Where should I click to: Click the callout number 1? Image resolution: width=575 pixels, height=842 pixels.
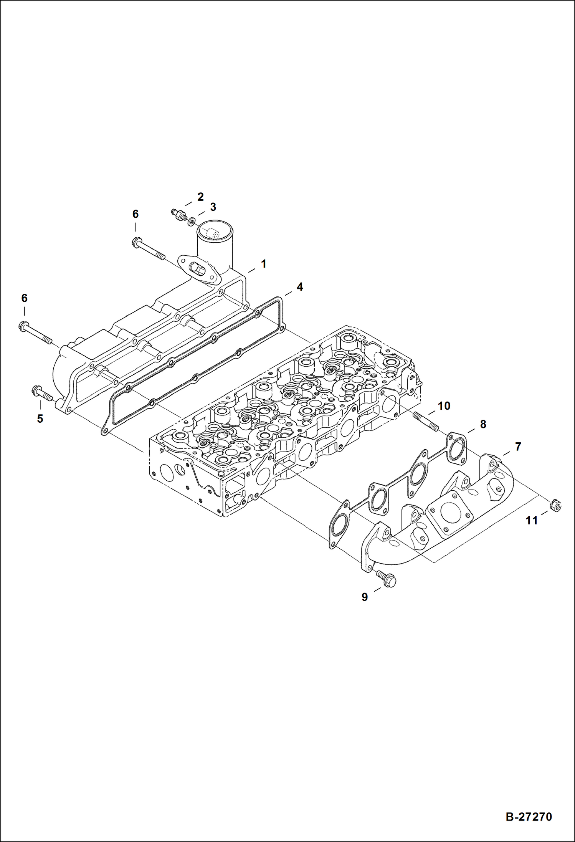point(263,264)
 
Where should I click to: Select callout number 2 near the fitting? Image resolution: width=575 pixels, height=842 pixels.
point(200,197)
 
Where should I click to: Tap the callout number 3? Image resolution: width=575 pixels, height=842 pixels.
point(213,207)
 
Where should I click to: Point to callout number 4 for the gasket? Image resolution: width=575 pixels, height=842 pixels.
point(299,287)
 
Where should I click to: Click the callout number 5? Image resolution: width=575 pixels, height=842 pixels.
point(40,419)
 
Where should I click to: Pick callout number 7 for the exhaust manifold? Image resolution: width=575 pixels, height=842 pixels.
point(518,447)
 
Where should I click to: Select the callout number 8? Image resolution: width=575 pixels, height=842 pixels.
point(483,424)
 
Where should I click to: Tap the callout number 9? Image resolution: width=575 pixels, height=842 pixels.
point(364,597)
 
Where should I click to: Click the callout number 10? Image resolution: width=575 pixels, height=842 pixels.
point(444,406)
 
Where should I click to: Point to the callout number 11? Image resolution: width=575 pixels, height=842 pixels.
point(531,521)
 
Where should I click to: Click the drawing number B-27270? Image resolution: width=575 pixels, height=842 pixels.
point(529,816)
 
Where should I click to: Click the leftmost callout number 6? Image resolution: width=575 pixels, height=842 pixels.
point(24,298)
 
